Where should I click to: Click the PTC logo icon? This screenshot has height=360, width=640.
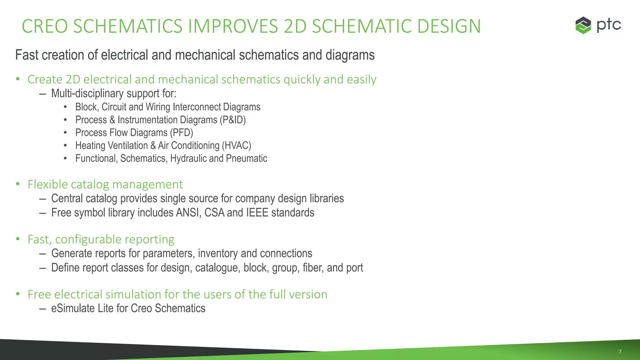[583, 25]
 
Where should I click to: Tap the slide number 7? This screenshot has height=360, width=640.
[620, 352]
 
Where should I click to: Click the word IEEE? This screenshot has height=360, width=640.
[257, 213]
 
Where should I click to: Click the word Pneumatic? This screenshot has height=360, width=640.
[247, 158]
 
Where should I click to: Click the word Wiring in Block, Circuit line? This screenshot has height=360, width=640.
[158, 107]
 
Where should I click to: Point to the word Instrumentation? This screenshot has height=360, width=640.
[167, 120]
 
